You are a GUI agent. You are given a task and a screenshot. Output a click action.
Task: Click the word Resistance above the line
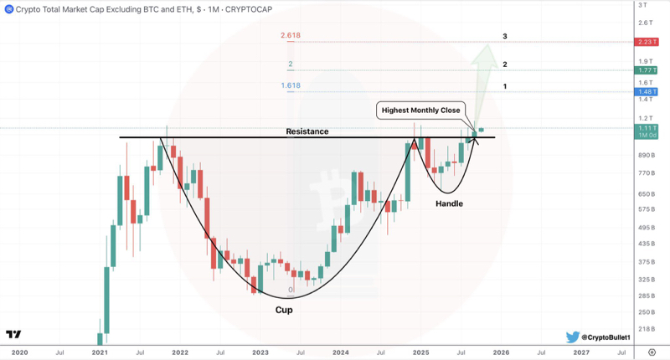[x=307, y=131]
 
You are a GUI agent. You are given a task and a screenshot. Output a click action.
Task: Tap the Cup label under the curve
[x=285, y=310]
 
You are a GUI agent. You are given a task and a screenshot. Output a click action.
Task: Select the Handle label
[x=449, y=203]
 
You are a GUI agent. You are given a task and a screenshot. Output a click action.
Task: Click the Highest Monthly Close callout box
[x=420, y=110]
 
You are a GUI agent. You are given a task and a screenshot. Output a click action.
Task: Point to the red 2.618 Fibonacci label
[x=291, y=37]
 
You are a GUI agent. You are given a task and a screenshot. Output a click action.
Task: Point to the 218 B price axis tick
[x=647, y=329]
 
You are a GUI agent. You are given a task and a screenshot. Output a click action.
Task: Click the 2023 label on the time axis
[x=260, y=352]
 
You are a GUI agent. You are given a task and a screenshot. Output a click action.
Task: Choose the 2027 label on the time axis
[x=581, y=352]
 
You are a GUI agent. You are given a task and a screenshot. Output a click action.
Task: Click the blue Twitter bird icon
[x=573, y=337]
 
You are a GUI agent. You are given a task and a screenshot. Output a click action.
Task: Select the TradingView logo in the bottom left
[x=13, y=334]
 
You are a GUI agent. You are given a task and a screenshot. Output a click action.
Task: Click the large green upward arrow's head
[x=482, y=51]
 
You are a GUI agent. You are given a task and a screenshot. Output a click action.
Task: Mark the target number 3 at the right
[x=505, y=37]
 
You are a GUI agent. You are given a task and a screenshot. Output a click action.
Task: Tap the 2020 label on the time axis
[x=20, y=352]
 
